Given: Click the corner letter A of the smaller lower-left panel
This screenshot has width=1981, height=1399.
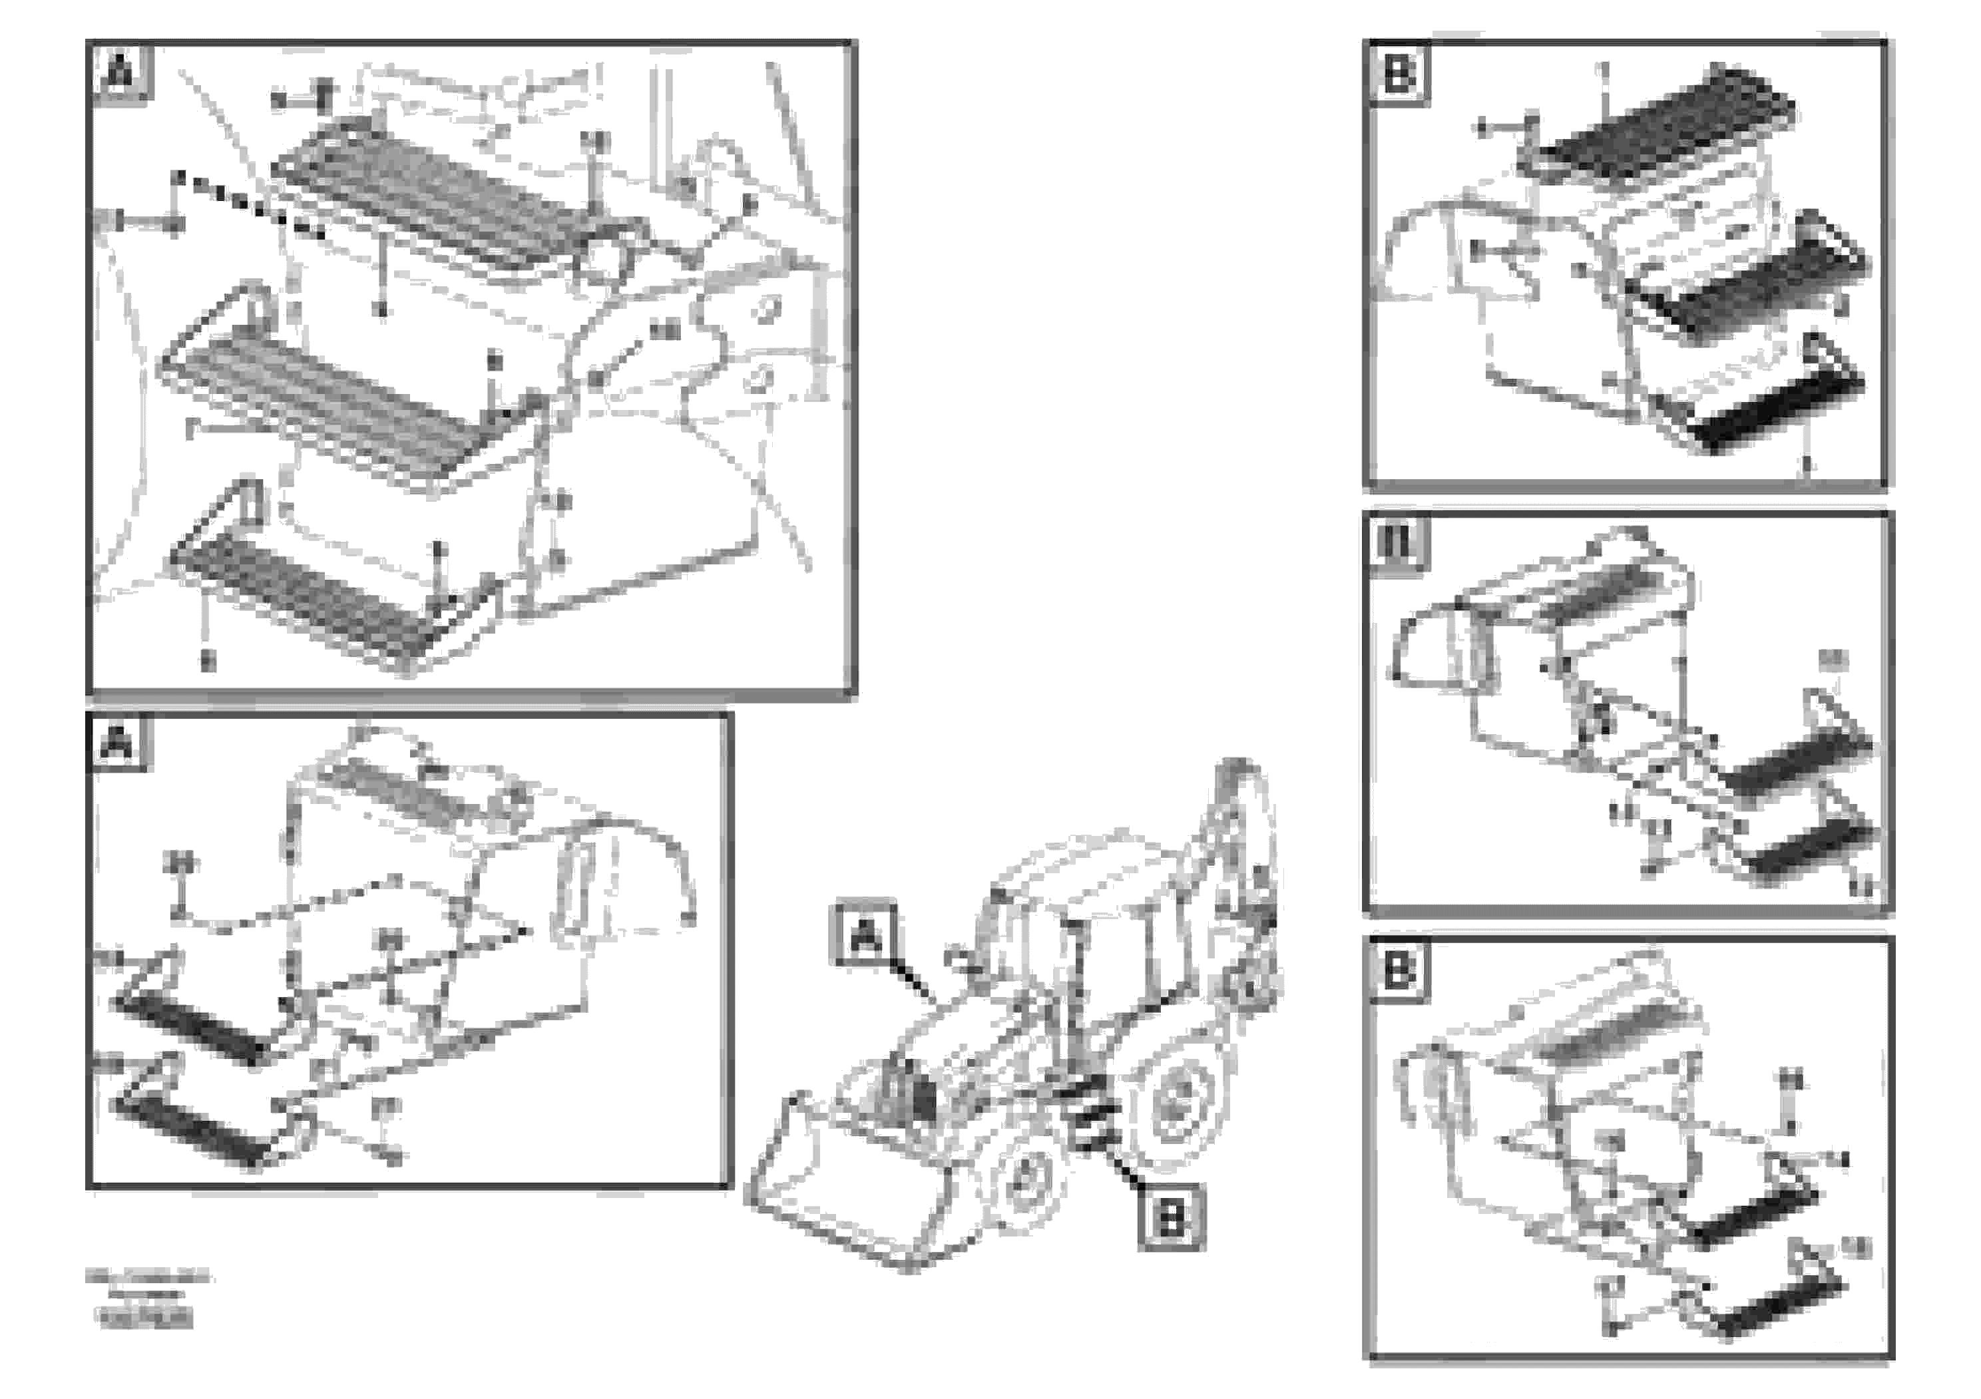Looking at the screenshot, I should [117, 743].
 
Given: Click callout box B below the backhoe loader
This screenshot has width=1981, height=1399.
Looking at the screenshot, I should [1171, 1219].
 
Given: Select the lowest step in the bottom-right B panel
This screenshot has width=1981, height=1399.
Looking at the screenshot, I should [1769, 1306].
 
